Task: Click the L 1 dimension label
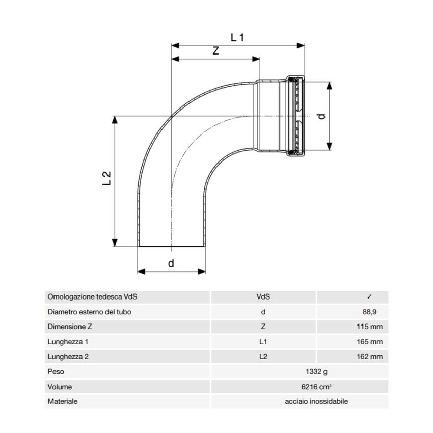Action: click(238, 37)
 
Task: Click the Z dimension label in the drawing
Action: click(215, 51)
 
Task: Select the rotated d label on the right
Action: click(321, 116)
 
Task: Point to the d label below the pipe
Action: click(171, 263)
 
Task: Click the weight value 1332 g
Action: click(316, 372)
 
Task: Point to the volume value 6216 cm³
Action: click(316, 387)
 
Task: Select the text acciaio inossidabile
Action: click(316, 401)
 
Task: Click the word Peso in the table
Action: click(56, 372)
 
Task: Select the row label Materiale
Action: click(63, 401)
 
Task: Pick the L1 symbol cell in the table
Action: click(263, 342)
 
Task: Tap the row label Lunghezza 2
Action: click(68, 357)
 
